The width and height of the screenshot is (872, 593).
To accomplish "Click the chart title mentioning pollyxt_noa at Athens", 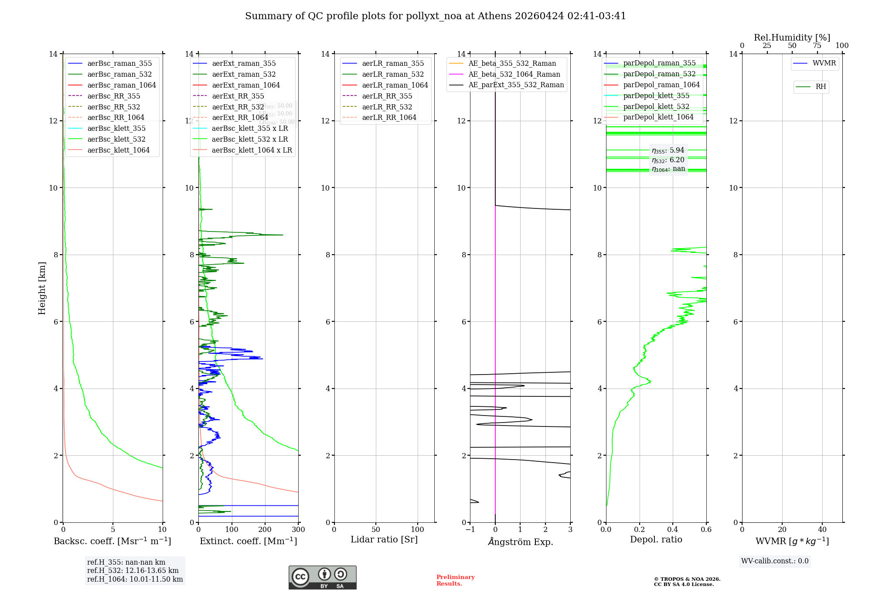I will point(435,16).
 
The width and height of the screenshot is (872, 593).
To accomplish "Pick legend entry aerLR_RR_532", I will point(387,107).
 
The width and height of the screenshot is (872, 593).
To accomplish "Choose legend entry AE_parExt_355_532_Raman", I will point(516,85).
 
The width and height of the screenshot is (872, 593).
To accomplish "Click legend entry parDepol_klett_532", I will point(656,106).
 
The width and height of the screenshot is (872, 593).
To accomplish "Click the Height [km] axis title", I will point(42,288).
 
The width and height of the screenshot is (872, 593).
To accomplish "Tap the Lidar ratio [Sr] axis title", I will point(384,540).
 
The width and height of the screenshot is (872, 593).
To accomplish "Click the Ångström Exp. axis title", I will point(520,542).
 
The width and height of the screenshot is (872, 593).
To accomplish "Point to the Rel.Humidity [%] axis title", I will point(792,37).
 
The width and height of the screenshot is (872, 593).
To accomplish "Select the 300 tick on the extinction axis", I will point(298,530).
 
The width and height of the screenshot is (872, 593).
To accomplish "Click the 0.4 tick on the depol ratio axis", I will point(673,530).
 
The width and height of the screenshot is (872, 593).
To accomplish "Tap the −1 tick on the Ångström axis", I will point(470,530).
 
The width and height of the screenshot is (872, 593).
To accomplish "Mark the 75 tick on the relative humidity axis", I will point(817,46).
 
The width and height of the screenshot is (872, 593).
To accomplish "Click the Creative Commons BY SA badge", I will point(322,577).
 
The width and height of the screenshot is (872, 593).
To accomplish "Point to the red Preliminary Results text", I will point(455,580).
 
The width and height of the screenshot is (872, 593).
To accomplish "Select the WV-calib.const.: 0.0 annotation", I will point(775,561).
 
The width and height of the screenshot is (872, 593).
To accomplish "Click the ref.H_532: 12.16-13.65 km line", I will point(133,571).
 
